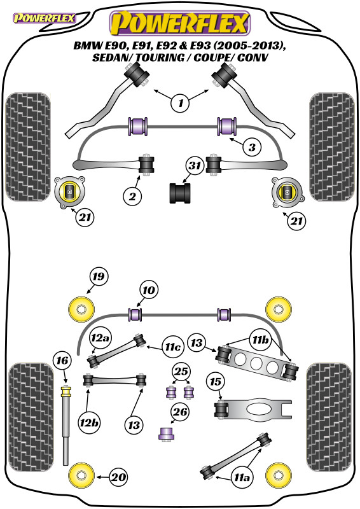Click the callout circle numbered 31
195,166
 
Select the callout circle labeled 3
253,148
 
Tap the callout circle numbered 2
132,196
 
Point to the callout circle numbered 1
181,103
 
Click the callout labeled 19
99,277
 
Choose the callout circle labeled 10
149,290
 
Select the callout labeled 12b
88,423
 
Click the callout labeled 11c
173,347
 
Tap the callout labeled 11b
260,340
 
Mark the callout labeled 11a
242,478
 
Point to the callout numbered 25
181,371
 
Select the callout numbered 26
180,412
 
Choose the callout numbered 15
215,381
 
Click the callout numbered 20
118,477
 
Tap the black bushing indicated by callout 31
180,193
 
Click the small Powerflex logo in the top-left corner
44,18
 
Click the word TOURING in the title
163,58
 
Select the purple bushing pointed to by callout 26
167,433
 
